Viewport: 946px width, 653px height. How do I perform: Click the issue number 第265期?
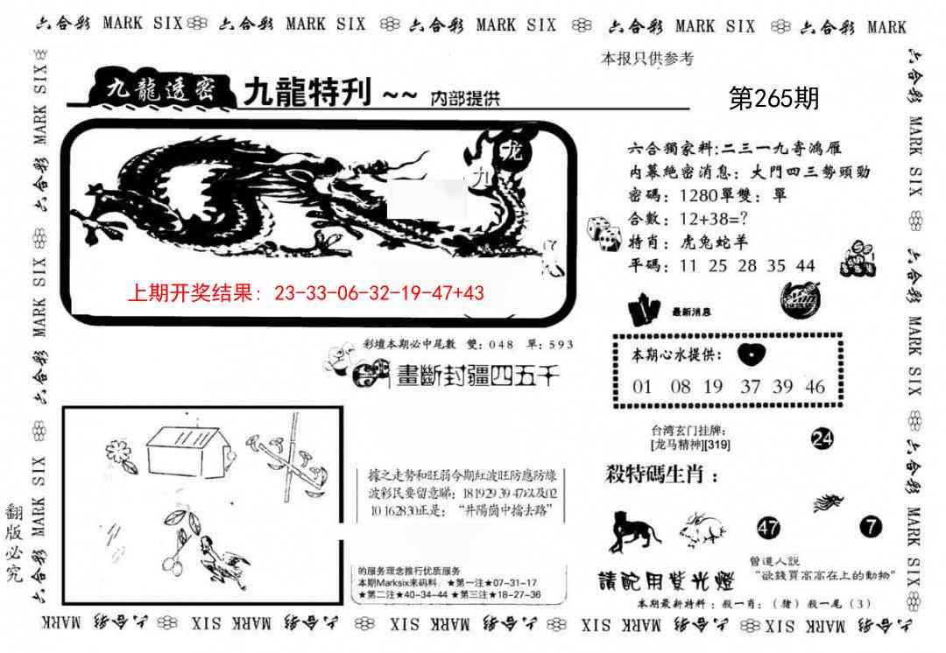click(x=774, y=99)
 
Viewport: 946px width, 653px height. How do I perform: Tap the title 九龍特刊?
click(x=307, y=93)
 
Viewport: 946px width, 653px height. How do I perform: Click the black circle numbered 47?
click(x=769, y=527)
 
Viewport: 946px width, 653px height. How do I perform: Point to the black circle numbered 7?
click(x=871, y=527)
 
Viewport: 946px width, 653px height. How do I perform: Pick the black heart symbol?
click(x=752, y=354)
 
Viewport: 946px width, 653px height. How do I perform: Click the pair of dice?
click(x=604, y=230)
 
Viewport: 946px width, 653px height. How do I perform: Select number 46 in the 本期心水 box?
click(x=815, y=387)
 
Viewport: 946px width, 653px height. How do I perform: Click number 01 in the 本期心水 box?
click(x=642, y=387)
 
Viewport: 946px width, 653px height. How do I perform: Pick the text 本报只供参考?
click(x=647, y=60)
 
